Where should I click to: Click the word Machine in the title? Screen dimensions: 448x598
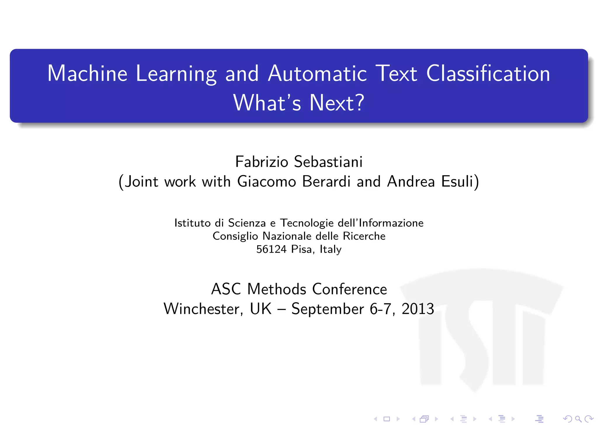(87, 73)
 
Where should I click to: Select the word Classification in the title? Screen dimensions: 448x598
(488, 73)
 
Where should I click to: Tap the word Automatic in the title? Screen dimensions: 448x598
(317, 73)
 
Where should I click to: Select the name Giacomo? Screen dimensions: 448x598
(267, 181)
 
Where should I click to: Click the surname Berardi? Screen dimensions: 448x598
(326, 181)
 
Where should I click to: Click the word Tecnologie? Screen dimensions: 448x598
(307, 223)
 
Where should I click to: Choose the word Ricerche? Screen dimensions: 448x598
(364, 236)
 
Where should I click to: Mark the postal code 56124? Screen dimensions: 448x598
(271, 249)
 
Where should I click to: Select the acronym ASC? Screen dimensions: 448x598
(226, 289)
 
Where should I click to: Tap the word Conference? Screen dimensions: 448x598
(350, 289)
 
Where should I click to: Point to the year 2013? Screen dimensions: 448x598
(418, 309)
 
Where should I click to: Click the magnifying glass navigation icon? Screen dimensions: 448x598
(578, 419)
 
